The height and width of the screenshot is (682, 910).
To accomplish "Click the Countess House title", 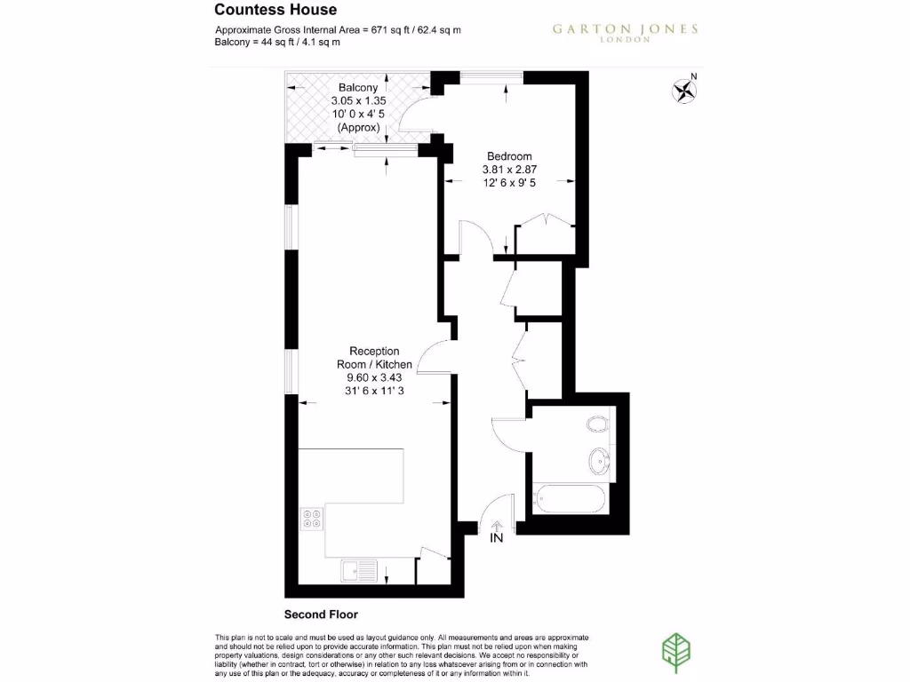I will (264, 11).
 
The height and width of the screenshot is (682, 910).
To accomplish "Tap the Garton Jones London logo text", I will (625, 32).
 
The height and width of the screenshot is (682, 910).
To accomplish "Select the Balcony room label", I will (358, 88).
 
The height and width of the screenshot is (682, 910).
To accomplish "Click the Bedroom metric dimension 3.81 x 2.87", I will (509, 170).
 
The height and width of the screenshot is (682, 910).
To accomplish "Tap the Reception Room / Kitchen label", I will (374, 358).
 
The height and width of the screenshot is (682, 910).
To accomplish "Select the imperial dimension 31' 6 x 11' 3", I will (374, 391).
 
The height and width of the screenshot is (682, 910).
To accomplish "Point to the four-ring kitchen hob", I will (312, 518).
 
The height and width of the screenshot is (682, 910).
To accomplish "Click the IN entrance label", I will (496, 537).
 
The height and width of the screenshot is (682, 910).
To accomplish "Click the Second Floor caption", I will (320, 614).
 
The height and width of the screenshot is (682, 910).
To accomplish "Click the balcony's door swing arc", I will (411, 114).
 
